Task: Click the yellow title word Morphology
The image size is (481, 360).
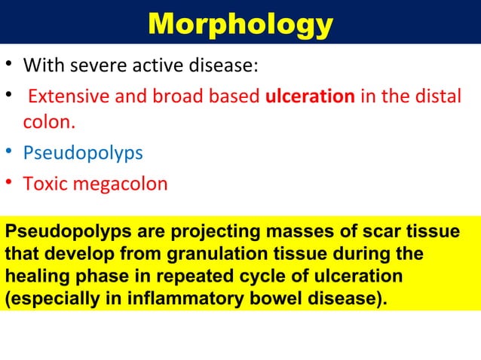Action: (240, 24)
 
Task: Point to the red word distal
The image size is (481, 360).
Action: (433, 97)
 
